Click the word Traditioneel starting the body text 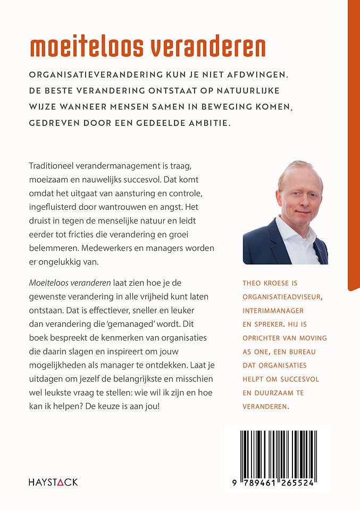57,166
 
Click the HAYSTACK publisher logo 53,482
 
